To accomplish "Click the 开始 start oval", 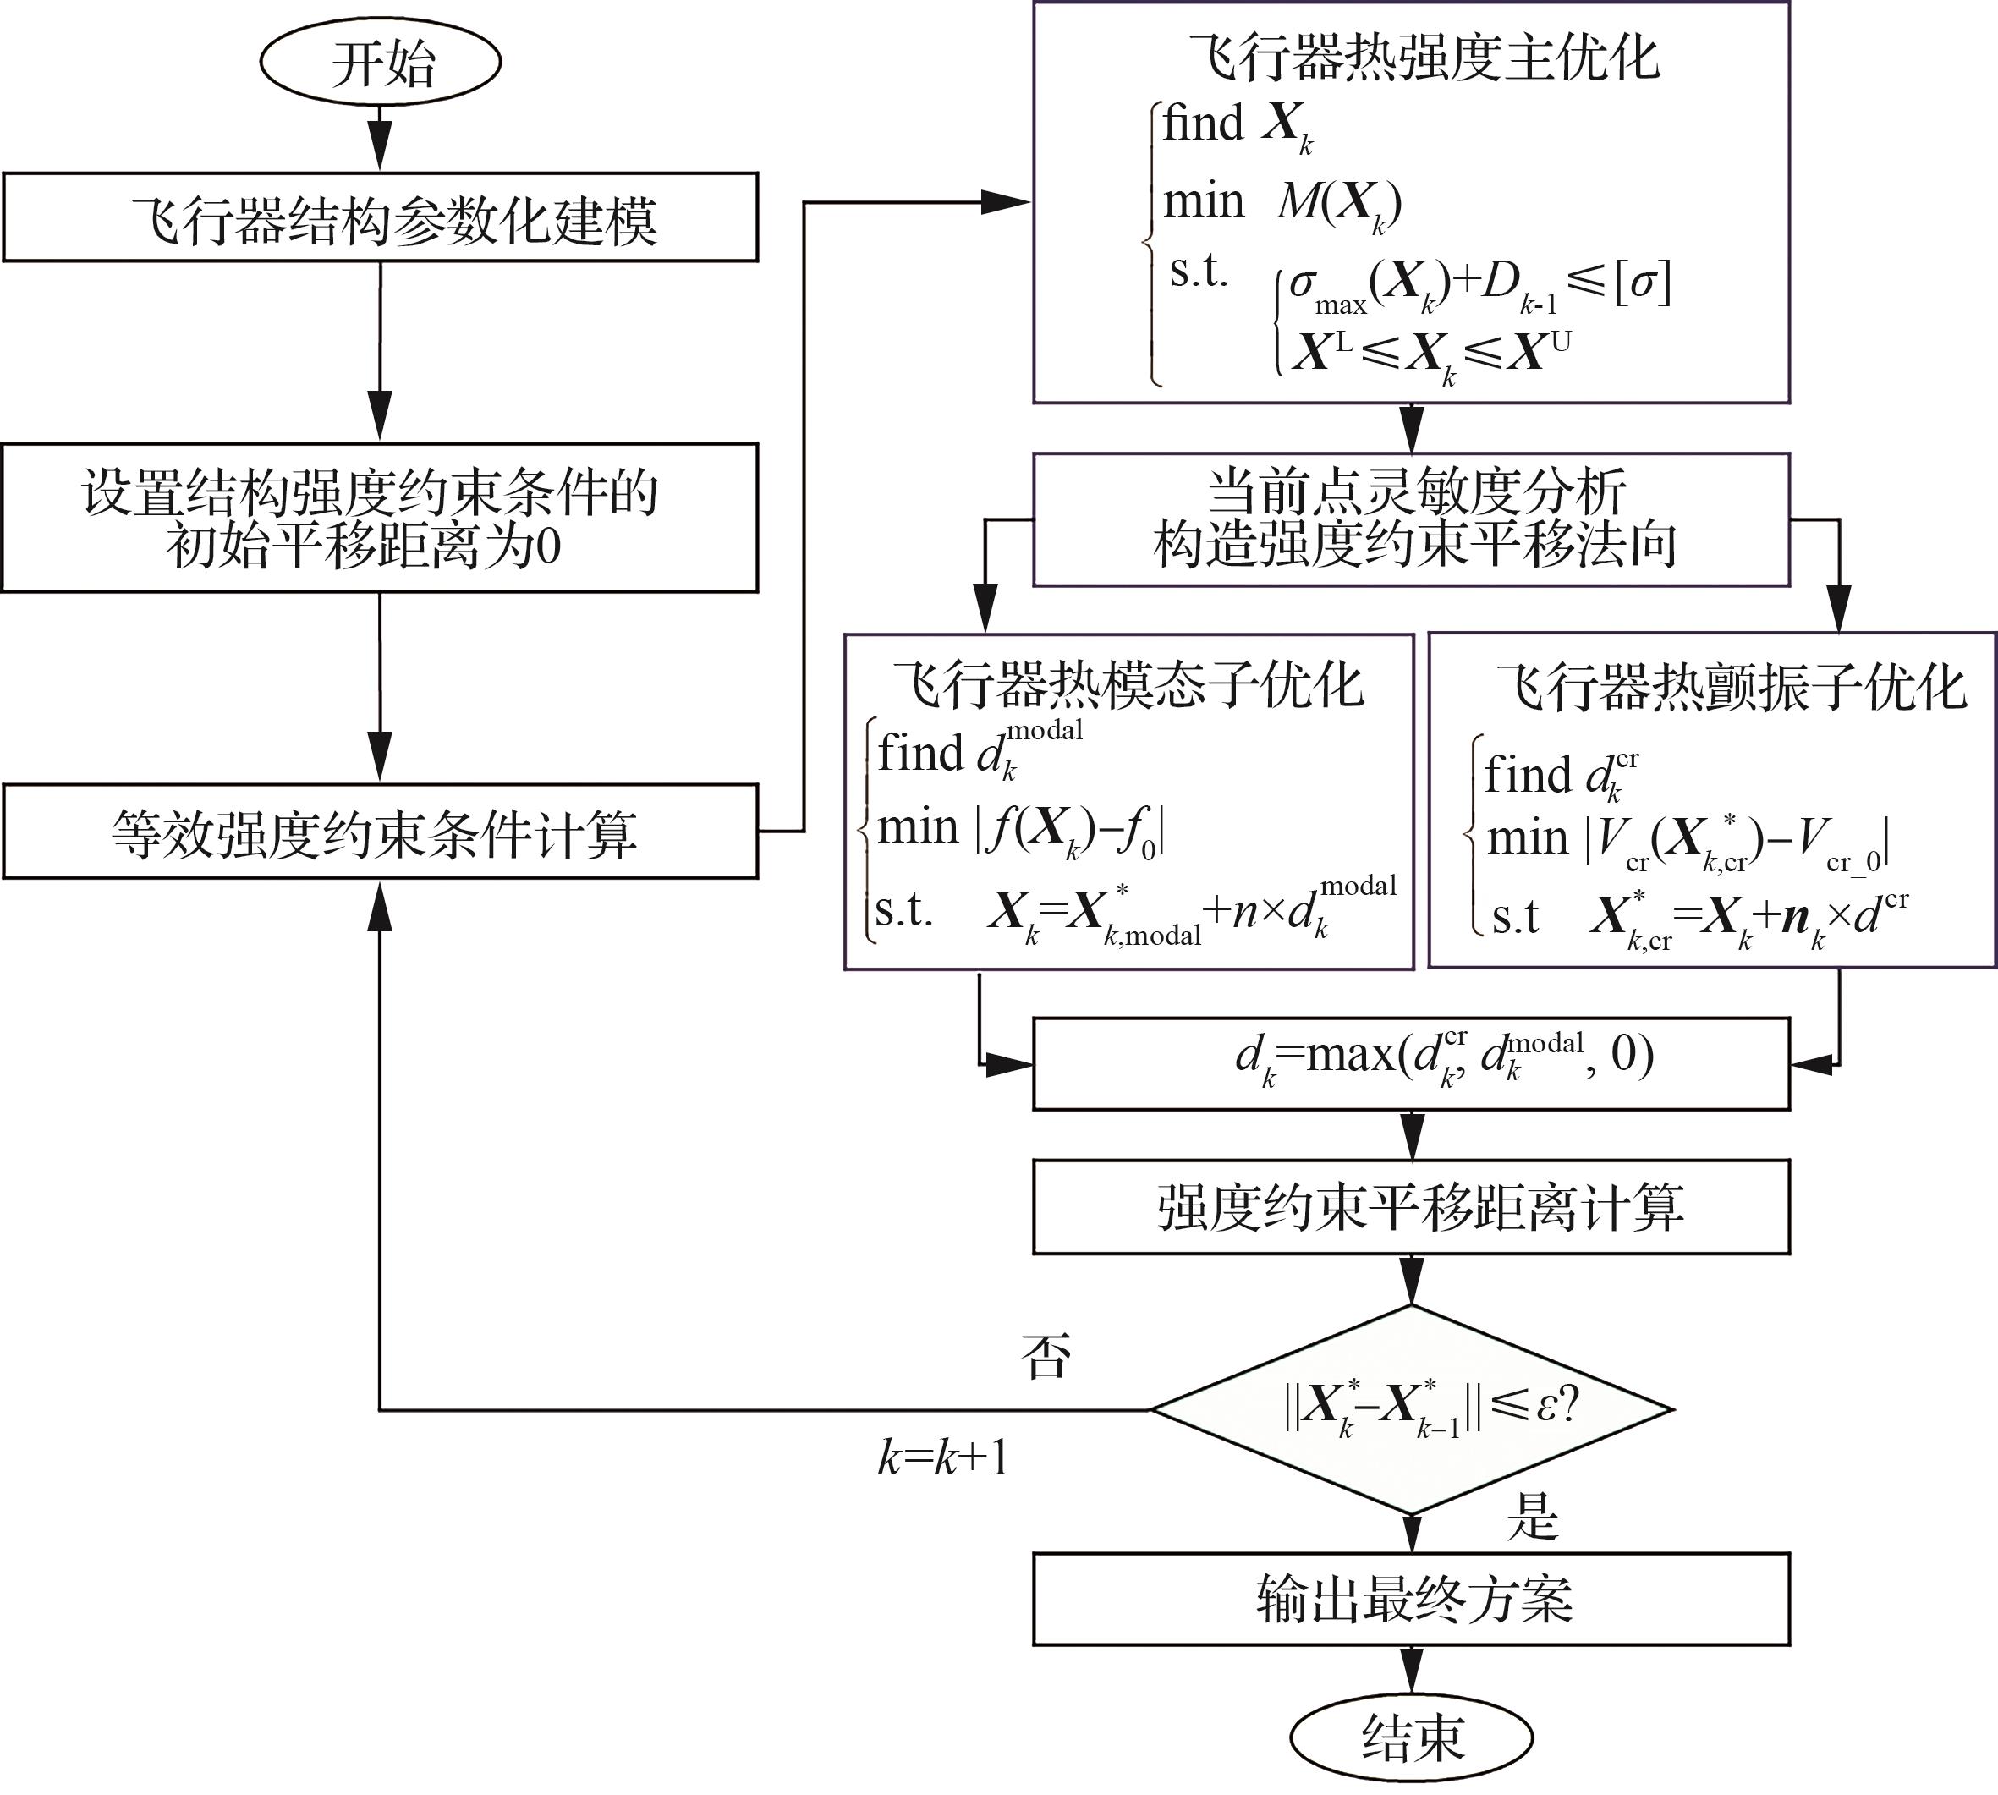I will [381, 62].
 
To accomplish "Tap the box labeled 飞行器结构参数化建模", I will [381, 218].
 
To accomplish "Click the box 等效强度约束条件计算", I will [381, 832].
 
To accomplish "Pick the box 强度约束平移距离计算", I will [1411, 1207].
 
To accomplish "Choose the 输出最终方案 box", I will [1411, 1600].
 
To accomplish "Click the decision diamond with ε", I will [1411, 1409].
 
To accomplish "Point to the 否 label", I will [1046, 1356].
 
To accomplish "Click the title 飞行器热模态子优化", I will [1128, 683].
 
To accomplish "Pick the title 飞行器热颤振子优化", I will [1731, 686].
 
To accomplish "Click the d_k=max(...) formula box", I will [1411, 1063].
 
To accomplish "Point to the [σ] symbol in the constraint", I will [1642, 284].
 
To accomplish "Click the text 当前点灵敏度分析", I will [1416, 490].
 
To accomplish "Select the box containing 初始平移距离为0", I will [381, 518].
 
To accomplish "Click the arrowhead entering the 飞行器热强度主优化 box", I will [1006, 203].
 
